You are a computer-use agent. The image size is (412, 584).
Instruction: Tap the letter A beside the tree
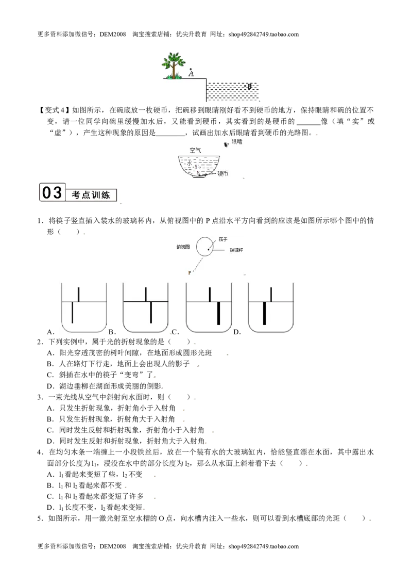[191, 74]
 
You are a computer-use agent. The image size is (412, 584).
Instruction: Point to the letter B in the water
[249, 86]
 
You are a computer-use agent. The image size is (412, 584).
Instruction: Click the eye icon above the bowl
[226, 145]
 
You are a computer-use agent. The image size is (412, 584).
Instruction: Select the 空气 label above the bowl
[195, 150]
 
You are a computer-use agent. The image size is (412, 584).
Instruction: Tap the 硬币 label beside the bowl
[222, 173]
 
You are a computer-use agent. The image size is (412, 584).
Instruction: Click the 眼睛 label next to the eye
[236, 141]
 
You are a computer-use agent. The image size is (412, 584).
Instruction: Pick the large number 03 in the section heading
[52, 192]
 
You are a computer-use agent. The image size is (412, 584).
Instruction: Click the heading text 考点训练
[91, 195]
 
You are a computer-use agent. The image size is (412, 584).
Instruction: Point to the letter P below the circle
[190, 272]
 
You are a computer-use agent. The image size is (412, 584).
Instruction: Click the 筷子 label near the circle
[223, 239]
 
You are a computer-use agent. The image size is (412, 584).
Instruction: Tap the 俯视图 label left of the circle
[183, 247]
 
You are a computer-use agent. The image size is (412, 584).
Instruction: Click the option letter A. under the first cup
[50, 332]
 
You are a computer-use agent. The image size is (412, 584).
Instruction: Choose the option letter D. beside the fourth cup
[237, 332]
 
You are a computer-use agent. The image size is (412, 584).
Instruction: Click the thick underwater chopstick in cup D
[264, 313]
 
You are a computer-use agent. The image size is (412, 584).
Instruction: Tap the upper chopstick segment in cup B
[146, 294]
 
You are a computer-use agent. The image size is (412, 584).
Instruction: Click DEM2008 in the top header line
[113, 35]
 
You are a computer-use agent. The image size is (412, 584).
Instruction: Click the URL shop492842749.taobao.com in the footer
[264, 546]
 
